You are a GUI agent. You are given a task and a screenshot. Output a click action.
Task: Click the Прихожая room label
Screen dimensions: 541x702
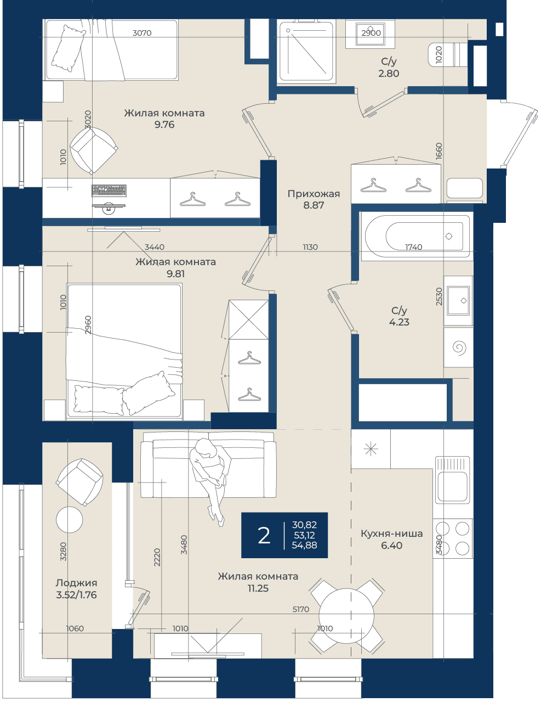coord(314,194)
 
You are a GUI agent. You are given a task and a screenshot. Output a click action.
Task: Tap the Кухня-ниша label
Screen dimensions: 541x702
coord(392,533)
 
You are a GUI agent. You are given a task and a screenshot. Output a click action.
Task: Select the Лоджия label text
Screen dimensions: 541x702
coord(76,583)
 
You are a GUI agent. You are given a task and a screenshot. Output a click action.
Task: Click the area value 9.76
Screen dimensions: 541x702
coord(164,125)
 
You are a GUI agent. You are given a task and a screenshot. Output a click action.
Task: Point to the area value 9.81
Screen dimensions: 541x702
coord(175,274)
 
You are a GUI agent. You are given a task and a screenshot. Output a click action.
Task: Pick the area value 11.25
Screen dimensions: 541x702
coord(258,588)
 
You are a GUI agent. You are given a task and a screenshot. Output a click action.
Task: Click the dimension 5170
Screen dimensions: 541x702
coord(301,609)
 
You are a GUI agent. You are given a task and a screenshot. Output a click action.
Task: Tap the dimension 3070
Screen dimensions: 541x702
coord(142,32)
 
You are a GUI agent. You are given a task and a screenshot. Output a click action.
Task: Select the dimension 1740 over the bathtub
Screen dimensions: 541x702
coord(414,247)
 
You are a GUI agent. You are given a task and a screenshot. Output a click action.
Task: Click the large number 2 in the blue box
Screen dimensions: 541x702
coord(264,536)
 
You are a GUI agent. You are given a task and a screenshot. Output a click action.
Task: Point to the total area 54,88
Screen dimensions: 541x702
coord(304,546)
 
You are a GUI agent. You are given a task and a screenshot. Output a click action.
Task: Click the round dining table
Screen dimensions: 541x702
coord(346,616)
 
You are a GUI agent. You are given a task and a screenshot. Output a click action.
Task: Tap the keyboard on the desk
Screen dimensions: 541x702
coord(109,190)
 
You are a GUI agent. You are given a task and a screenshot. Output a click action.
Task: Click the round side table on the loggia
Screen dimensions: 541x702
coord(70,520)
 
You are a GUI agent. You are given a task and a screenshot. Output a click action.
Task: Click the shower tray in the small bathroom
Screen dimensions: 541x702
coord(306,51)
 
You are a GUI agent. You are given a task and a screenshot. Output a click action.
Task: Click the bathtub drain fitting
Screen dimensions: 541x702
coord(449,236)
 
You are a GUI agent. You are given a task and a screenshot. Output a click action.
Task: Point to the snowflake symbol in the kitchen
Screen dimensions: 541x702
coord(371,449)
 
